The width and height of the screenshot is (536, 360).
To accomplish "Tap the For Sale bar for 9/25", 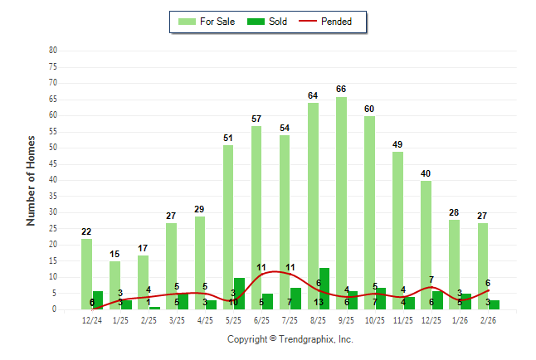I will click(341, 203).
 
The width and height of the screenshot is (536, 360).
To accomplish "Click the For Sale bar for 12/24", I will click(86, 274).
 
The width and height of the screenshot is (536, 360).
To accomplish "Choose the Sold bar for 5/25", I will click(239, 294).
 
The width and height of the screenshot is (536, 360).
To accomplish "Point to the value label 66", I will click(341, 90).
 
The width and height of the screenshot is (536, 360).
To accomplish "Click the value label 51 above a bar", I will click(228, 138).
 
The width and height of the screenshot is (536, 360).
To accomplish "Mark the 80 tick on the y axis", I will click(53, 51).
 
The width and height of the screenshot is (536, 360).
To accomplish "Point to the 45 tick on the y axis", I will click(53, 163).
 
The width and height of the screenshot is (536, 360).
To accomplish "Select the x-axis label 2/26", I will click(489, 320).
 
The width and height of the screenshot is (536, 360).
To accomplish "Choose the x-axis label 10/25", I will click(375, 320).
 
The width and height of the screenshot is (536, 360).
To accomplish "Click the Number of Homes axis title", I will click(31, 180).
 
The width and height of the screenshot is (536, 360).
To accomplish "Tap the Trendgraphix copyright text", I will click(290, 339).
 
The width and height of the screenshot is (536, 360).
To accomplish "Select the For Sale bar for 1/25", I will click(115, 285).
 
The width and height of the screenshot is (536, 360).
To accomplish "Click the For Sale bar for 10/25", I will click(369, 212).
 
